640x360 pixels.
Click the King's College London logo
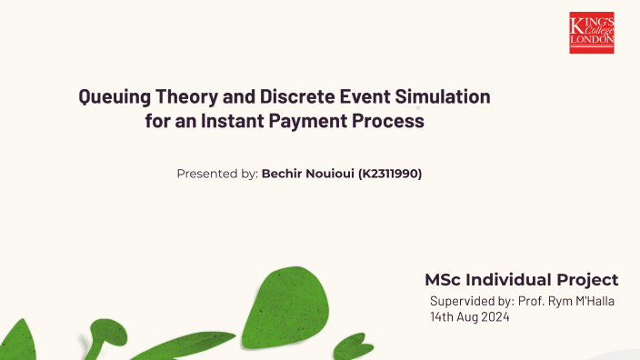pyautogui.click(x=592, y=33)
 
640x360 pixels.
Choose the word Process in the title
pyautogui.click(x=392, y=121)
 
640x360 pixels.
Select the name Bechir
pyautogui.click(x=283, y=174)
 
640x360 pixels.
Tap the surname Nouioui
pyautogui.click(x=331, y=174)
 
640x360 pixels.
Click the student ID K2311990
pyautogui.click(x=391, y=174)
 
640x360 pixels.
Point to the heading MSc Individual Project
pyautogui.click(x=522, y=280)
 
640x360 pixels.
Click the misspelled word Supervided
pyautogui.click(x=461, y=301)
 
